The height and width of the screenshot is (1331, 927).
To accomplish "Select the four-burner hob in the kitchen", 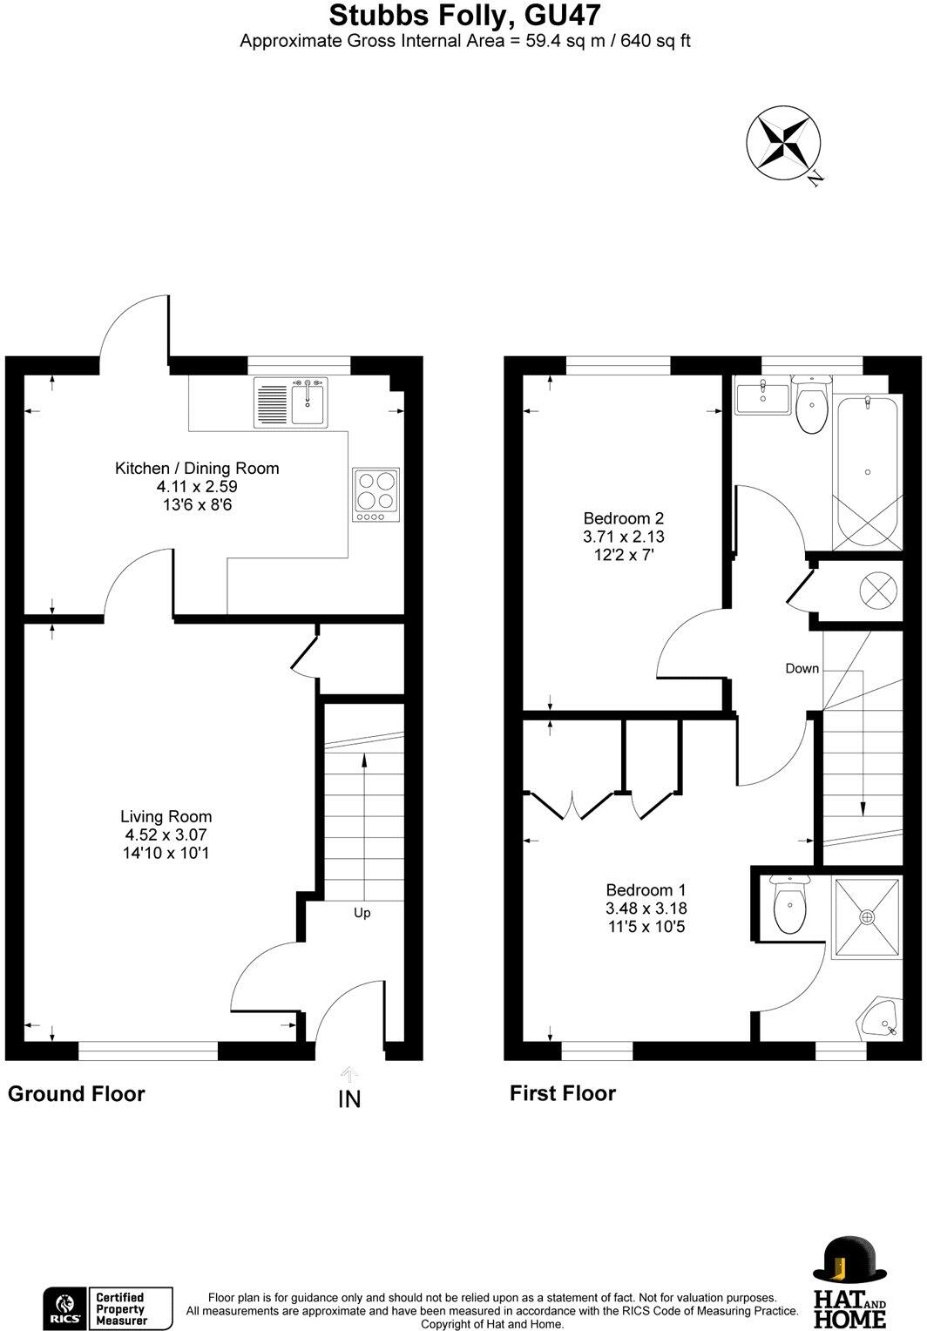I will pos(376,494).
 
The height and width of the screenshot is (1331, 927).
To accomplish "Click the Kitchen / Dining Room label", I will pos(197,469).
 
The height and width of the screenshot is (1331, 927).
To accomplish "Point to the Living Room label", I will pos(166,816).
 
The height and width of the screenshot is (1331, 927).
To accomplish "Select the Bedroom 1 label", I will pos(646,890).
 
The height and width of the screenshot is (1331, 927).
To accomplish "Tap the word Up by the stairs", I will pos(362,913).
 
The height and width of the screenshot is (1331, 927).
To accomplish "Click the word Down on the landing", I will pos(802,668).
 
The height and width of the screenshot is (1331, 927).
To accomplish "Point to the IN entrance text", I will pos(348,1099).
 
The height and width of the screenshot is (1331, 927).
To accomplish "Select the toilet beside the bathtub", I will pos(813,407).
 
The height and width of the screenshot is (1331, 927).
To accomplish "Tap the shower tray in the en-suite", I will pos(867,917).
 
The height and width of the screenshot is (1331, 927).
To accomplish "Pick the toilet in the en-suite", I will pos(790,906).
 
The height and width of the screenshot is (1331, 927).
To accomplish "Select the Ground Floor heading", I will pos(76,1094).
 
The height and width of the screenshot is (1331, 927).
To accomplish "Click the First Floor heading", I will pos(562,1093).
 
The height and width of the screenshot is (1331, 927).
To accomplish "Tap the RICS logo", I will pos(64,1308).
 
